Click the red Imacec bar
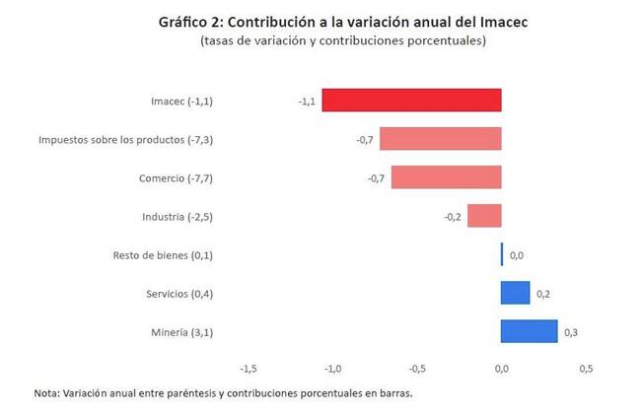411,101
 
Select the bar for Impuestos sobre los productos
441,139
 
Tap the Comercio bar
446,177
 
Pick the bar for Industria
484,216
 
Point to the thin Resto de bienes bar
502,255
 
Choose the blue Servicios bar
516,294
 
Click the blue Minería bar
530,332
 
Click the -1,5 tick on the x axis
249,369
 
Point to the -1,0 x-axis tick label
332,369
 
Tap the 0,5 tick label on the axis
586,369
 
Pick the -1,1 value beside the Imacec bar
307,102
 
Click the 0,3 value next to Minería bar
571,333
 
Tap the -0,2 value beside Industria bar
453,217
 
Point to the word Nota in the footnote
45,393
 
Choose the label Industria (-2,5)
178,217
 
